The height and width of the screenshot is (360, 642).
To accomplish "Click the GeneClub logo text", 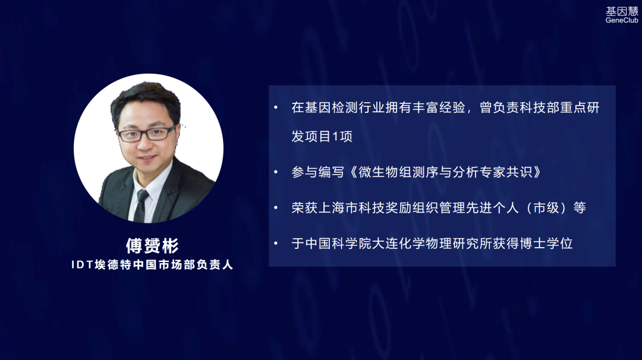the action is [x=622, y=20].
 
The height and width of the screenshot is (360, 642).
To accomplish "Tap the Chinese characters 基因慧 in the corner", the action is [x=622, y=11].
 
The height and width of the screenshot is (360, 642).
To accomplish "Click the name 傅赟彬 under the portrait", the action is [x=152, y=246].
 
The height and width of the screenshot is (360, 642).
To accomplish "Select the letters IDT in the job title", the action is [x=82, y=265].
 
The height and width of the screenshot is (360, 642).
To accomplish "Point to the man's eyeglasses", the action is [x=147, y=134].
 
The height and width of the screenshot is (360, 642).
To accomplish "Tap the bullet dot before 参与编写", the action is [x=276, y=172].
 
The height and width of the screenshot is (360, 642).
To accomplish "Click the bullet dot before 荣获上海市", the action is [x=276, y=208].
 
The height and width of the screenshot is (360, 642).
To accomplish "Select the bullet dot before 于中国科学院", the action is [x=276, y=244].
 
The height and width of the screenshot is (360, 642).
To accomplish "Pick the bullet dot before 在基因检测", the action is [x=276, y=108].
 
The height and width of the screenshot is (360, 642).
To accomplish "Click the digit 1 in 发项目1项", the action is [x=335, y=136].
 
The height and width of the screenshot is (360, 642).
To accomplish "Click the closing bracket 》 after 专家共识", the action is [x=537, y=172].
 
